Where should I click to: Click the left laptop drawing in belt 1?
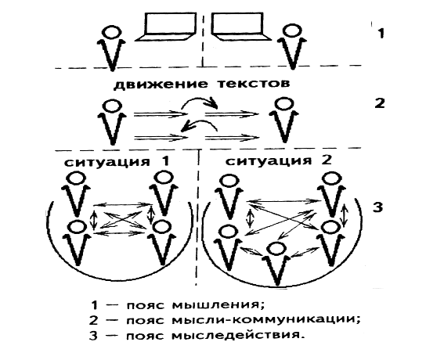[166, 27]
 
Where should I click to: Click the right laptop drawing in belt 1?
[240, 27]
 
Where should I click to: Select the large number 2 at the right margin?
[380, 103]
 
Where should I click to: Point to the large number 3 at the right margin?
[378, 207]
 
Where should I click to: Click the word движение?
[161, 84]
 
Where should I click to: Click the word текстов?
[254, 84]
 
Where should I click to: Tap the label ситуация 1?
[117, 161]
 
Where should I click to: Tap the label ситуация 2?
[279, 160]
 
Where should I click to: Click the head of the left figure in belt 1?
[111, 32]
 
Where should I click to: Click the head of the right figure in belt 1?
[292, 31]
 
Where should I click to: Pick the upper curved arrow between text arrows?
[200, 102]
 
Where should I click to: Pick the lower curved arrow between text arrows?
[200, 125]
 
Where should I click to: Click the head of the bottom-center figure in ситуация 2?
[276, 248]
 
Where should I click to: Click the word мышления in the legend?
[218, 305]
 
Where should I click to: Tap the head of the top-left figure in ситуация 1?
[76, 178]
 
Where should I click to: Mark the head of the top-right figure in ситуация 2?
[331, 179]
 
